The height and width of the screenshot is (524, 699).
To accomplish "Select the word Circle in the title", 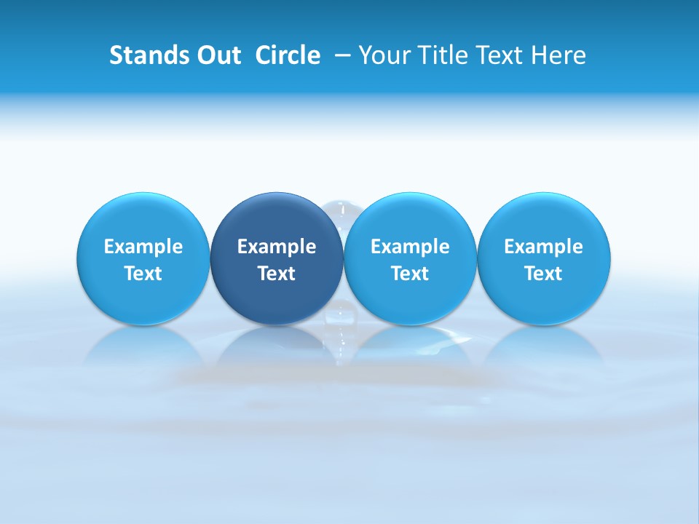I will pos(288,55).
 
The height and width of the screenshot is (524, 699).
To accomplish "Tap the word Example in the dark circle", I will pos(277,247).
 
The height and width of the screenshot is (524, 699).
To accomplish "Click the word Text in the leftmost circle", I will pos(143,274).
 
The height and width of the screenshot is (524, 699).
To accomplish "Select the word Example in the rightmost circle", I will pos(544,247).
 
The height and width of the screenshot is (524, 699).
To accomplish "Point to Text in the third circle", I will pos(410,274).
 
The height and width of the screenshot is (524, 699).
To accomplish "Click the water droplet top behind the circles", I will pos(343,207).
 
